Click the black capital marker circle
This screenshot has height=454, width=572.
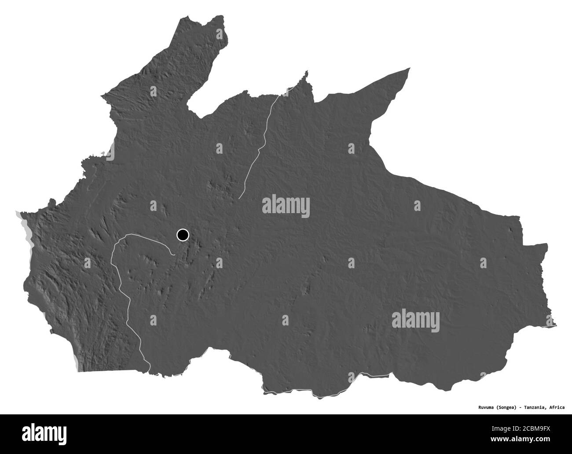pos(183,235)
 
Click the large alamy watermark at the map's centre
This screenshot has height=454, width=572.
pos(286,207)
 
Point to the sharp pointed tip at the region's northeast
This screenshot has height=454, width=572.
pos(410,68)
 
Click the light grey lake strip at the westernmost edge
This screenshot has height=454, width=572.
pos(22,225)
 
